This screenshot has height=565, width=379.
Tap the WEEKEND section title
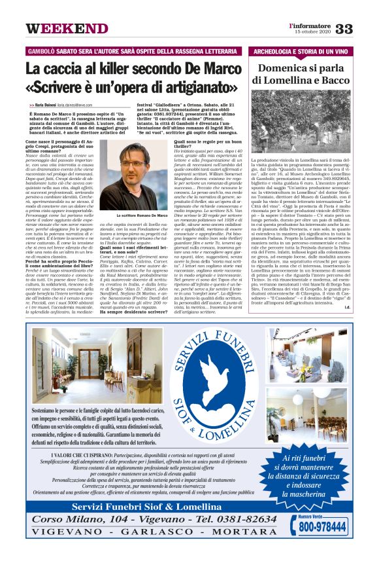click(67, 29)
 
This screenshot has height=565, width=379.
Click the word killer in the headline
click(105, 69)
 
